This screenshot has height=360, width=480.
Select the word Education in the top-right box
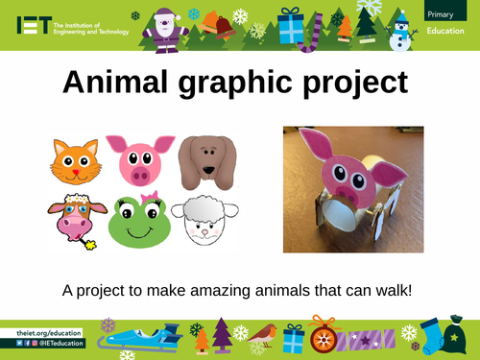click(448, 30)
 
